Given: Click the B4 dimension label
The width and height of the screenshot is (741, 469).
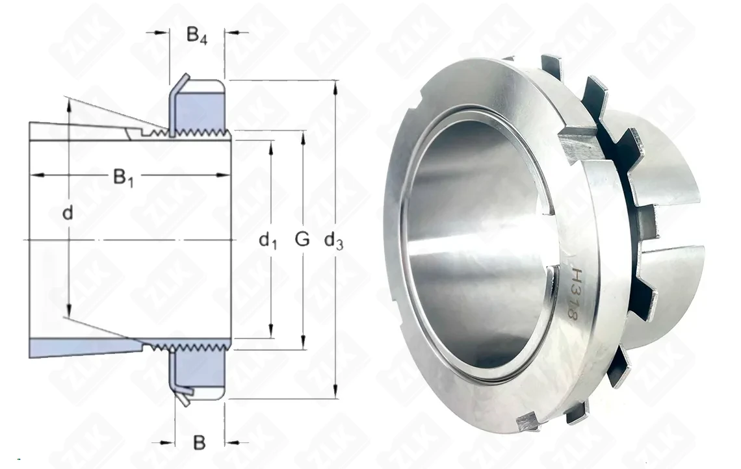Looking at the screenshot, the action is [x=196, y=36].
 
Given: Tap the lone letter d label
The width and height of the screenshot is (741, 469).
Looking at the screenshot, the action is [x=68, y=214].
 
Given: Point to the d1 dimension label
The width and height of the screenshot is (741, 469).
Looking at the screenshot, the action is [x=268, y=241].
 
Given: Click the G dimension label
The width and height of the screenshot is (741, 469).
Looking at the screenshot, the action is [x=302, y=239].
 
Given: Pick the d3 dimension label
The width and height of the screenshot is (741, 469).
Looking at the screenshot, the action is [x=333, y=241].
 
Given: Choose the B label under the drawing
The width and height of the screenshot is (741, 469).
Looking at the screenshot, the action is [x=200, y=442].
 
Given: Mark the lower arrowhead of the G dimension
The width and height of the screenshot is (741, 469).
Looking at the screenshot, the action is [x=303, y=344].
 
